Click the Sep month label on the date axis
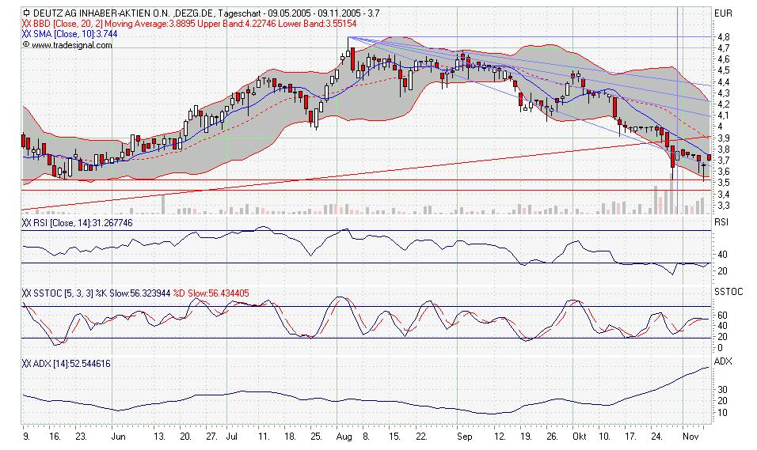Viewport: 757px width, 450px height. pyautogui.click(x=463, y=435)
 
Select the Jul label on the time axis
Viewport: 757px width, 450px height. pyautogui.click(x=231, y=435)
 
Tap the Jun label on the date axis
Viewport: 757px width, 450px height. pyautogui.click(x=118, y=435)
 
